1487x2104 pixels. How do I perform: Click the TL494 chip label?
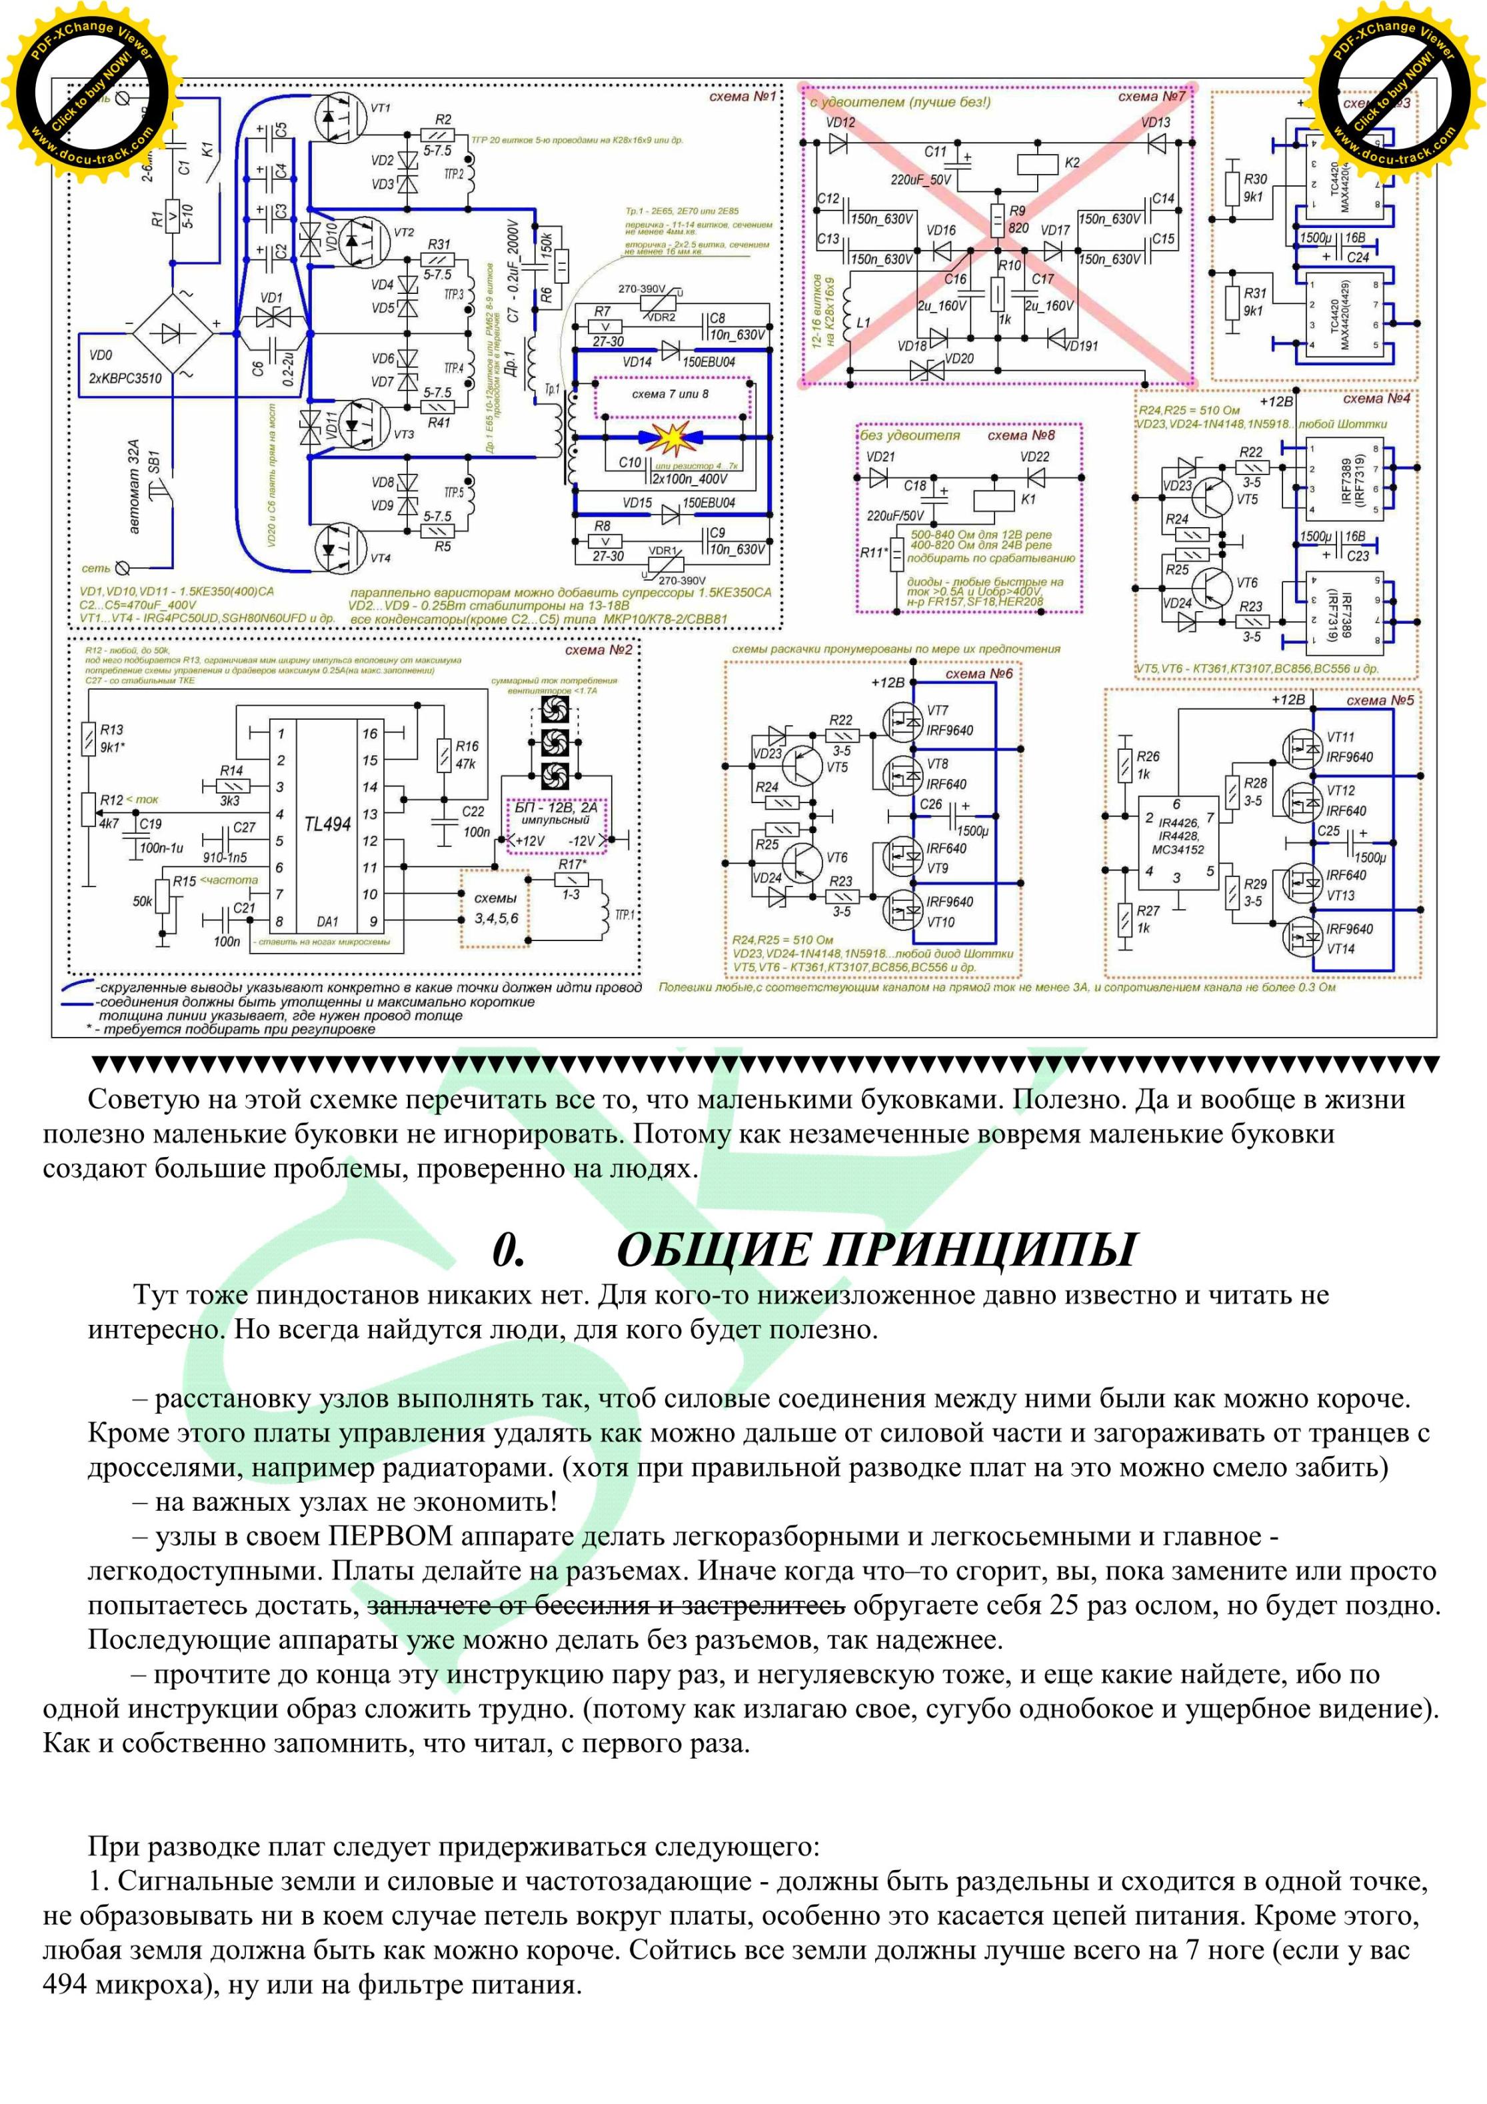click(327, 824)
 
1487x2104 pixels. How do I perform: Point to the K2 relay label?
click(1072, 162)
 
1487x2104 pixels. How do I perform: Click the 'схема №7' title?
click(1151, 96)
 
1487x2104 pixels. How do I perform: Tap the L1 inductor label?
click(863, 323)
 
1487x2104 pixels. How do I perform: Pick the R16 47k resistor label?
click(467, 755)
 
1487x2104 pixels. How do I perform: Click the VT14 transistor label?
click(1340, 948)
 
